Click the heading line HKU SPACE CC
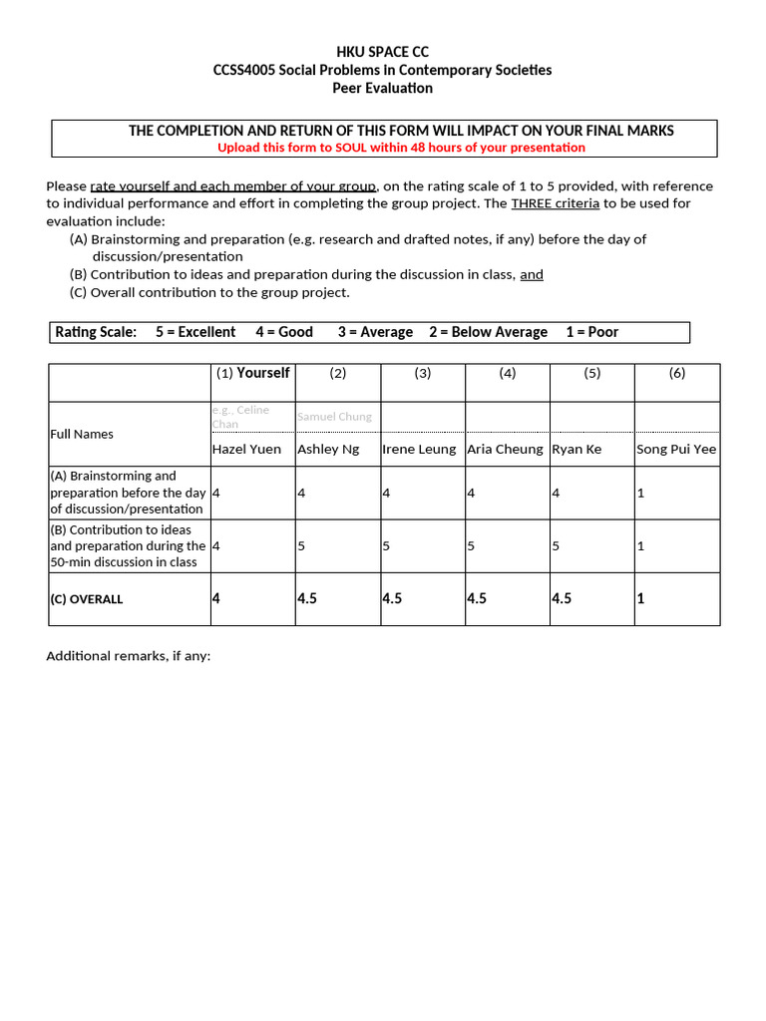(x=383, y=52)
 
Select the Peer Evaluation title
(x=383, y=88)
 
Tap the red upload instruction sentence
(x=401, y=148)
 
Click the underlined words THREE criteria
(x=555, y=203)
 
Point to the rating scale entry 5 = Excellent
(x=195, y=332)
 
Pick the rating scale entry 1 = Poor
(x=591, y=332)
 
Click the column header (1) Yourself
(x=252, y=373)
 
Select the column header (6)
(x=677, y=373)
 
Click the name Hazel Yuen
(x=246, y=449)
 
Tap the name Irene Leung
(x=419, y=449)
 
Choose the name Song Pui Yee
(x=676, y=449)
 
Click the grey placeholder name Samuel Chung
(x=334, y=417)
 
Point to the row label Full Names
(x=82, y=434)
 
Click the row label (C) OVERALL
(x=87, y=599)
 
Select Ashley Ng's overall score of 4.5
(x=307, y=599)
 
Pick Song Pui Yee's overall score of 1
(x=640, y=599)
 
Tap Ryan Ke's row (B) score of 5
(x=556, y=546)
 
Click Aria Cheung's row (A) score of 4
(x=471, y=493)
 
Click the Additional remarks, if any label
(x=129, y=656)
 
